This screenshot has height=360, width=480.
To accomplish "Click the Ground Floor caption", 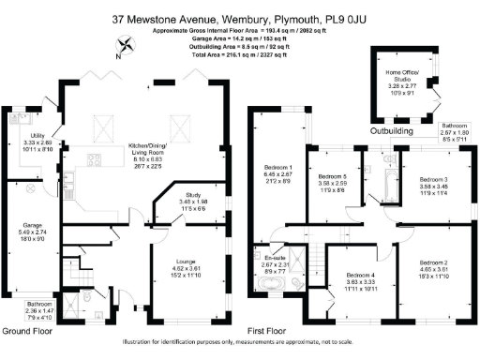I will click(x=28, y=331).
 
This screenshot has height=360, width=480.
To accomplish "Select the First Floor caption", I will click(x=268, y=331).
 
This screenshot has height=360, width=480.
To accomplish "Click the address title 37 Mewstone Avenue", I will click(x=240, y=17).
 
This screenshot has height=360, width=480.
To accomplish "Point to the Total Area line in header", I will click(x=240, y=56).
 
